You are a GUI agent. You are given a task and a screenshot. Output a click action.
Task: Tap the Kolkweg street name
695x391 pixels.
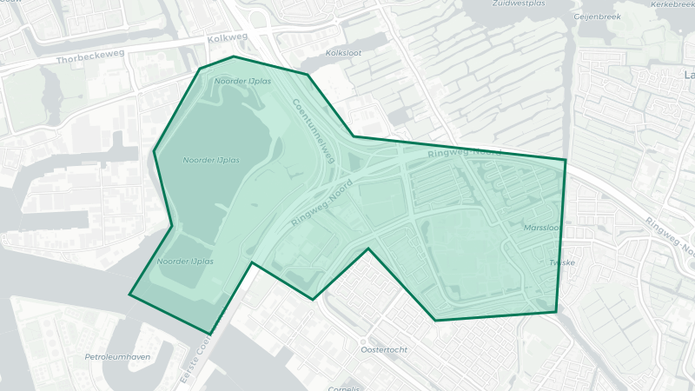(x=228, y=39)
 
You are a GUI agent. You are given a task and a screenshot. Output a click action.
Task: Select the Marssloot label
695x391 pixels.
(x=543, y=228)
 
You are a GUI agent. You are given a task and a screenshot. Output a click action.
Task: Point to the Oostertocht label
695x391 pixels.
(x=383, y=349)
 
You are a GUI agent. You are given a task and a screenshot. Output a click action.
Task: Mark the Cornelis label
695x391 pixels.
(x=345, y=388)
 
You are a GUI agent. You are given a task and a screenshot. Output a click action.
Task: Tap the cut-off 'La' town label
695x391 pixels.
(x=690, y=76)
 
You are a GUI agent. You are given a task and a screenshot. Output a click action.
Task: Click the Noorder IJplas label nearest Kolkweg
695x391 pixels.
(x=243, y=81)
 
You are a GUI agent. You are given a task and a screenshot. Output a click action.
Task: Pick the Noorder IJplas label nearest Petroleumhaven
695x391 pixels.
(x=185, y=261)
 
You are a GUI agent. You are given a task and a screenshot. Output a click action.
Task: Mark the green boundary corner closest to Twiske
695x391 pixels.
(x=556, y=311)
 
